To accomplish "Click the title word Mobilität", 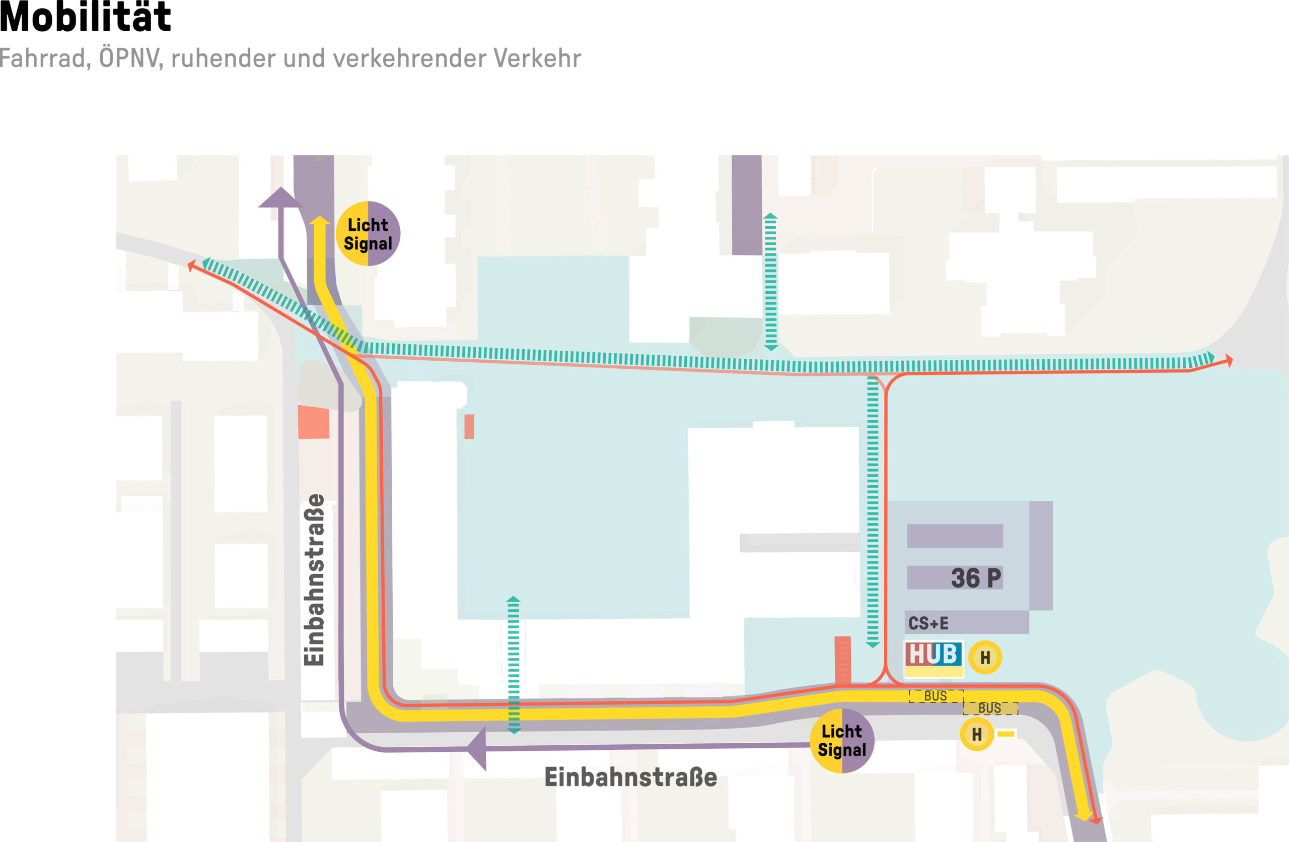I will click(x=85, y=17).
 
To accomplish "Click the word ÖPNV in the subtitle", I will click(x=130, y=58).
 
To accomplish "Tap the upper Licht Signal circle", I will click(x=368, y=233).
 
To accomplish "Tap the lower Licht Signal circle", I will click(x=842, y=740).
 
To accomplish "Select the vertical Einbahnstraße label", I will click(x=314, y=580).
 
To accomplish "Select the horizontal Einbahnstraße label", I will click(x=630, y=777).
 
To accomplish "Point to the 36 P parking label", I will click(x=976, y=577).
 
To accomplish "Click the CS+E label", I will click(x=928, y=623).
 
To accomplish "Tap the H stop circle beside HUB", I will click(x=985, y=658).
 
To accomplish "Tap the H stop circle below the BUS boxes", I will click(x=976, y=734).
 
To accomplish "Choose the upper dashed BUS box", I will click(x=936, y=696).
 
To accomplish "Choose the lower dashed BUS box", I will click(x=990, y=708).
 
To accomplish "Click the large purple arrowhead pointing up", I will click(x=280, y=199).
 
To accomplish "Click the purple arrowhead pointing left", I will click(x=478, y=748).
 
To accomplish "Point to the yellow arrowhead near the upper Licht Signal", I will click(x=320, y=221).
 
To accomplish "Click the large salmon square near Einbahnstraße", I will click(x=314, y=422).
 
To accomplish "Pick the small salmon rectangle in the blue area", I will click(x=469, y=426).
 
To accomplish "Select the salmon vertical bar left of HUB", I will click(x=842, y=661).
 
